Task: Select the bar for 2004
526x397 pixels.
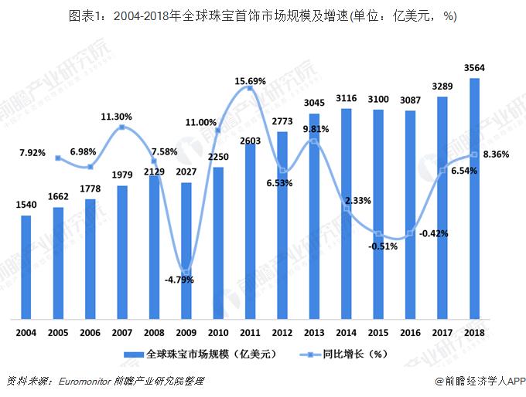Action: tap(26, 266)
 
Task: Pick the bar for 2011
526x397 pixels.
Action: tap(250, 229)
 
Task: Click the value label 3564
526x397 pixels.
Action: tap(474, 68)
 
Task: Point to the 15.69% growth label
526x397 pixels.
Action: tap(250, 80)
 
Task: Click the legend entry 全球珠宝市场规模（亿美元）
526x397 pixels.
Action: tap(199, 355)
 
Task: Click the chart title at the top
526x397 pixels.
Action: tap(263, 15)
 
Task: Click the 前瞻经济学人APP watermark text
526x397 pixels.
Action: tap(480, 381)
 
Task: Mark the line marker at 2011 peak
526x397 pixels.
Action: tap(250, 90)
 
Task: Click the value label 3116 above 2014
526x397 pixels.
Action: tap(346, 97)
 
